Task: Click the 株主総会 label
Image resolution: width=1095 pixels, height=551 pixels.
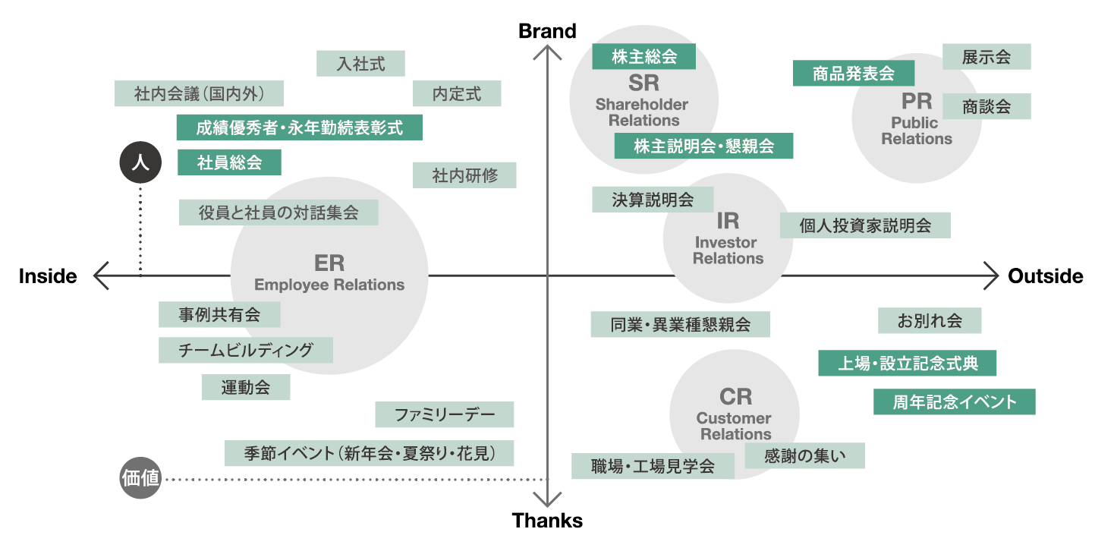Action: coord(643,57)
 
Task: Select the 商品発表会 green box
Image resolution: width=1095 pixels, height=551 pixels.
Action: coord(853,74)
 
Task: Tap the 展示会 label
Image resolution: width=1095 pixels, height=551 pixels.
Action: coord(986,57)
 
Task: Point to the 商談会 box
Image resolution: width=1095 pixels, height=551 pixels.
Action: coord(986,106)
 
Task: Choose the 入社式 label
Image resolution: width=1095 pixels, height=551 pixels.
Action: coord(360,64)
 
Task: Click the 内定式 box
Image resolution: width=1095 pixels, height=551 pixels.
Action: coord(457,94)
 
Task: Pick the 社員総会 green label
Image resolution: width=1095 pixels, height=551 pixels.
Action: coord(229,162)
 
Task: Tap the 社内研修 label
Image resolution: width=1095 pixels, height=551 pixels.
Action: coord(464,175)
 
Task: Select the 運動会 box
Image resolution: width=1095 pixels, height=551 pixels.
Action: coord(246,387)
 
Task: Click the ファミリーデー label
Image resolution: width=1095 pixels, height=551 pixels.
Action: coord(444,414)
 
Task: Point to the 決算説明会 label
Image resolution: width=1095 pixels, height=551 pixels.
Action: coord(653,200)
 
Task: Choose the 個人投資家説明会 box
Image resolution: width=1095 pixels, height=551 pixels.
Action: coord(865,225)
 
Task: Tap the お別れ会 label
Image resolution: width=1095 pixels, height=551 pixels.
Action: coord(930,320)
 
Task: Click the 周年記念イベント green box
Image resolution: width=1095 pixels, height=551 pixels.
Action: coord(954,401)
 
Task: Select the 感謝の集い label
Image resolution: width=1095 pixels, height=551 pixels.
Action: coord(804,455)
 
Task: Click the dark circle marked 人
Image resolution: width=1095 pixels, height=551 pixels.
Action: coord(140,162)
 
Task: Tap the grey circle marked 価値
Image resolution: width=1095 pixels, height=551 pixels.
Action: coord(140,479)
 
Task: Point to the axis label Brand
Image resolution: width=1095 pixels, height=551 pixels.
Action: coord(547,31)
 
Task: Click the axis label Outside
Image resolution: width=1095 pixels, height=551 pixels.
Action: coord(1045,277)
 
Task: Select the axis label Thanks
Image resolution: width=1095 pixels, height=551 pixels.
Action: coord(547,521)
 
